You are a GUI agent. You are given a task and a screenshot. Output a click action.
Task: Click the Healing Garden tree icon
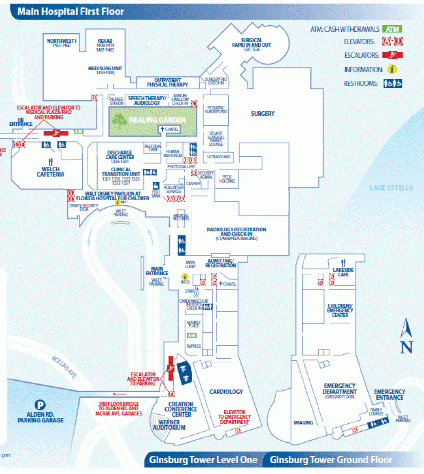(x=120, y=121)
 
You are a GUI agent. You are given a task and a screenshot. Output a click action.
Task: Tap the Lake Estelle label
(x=391, y=188)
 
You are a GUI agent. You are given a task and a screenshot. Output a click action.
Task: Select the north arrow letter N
(x=406, y=347)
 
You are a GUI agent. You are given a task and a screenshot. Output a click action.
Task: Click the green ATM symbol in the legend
(x=392, y=29)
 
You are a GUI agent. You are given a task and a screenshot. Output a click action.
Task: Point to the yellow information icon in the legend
(x=392, y=69)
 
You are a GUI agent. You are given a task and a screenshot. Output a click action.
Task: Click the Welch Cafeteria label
(x=50, y=171)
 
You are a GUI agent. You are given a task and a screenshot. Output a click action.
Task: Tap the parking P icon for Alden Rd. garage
(x=40, y=405)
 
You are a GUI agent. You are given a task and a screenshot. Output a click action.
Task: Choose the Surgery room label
(x=262, y=114)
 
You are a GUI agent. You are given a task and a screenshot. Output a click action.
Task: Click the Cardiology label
(x=226, y=392)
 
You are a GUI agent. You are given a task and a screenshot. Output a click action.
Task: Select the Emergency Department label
(x=339, y=389)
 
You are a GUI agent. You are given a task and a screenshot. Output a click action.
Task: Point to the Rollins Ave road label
(x=64, y=367)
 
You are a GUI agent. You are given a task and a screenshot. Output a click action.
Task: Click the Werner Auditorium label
(x=169, y=425)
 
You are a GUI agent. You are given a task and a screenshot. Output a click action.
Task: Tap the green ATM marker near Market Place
(x=191, y=335)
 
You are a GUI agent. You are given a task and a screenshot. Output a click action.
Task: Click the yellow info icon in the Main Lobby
(x=185, y=276)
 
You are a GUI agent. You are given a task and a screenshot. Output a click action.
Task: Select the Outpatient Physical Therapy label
(x=167, y=82)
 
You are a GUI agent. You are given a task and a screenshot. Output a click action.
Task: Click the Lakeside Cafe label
(x=343, y=272)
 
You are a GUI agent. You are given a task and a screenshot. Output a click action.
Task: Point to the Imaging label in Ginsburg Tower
(x=303, y=422)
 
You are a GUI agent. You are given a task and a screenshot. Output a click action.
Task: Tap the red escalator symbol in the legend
(x=392, y=55)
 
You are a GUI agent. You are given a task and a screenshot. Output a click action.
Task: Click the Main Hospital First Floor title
(x=71, y=12)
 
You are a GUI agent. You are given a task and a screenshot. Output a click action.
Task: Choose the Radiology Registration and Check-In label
(x=236, y=232)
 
